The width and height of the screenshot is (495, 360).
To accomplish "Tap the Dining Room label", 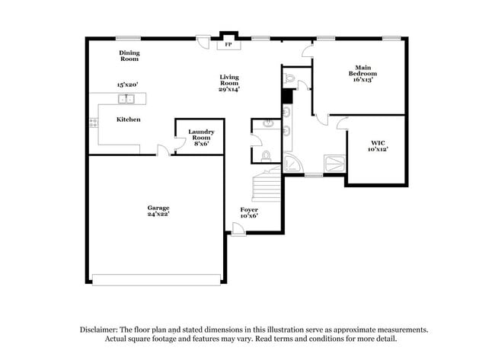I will pyautogui.click(x=129, y=56).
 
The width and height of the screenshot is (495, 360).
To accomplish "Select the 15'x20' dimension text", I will pyautogui.click(x=127, y=84).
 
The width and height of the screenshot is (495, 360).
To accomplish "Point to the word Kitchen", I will pyautogui.click(x=128, y=119).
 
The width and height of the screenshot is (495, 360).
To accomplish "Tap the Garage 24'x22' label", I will pyautogui.click(x=158, y=211).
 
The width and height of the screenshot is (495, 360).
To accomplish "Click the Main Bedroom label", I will pyautogui.click(x=362, y=74).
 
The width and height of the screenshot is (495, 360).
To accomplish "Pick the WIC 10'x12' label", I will pyautogui.click(x=378, y=145).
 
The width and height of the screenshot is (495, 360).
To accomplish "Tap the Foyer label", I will pyautogui.click(x=249, y=212).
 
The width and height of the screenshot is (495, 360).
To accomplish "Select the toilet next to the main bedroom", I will pyautogui.click(x=289, y=79).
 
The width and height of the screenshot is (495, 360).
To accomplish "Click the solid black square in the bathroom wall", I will pyautogui.click(x=287, y=96).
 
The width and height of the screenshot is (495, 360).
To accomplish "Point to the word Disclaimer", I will pyautogui.click(x=101, y=330).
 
